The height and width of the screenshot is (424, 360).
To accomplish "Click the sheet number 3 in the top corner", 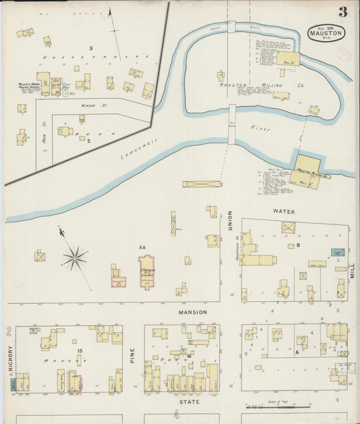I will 343,11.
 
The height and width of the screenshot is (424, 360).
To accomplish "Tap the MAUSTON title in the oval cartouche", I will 326,32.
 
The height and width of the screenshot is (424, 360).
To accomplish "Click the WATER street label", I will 284,211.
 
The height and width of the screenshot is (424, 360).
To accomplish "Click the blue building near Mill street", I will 338,253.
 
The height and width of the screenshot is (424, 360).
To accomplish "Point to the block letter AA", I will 142,248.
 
